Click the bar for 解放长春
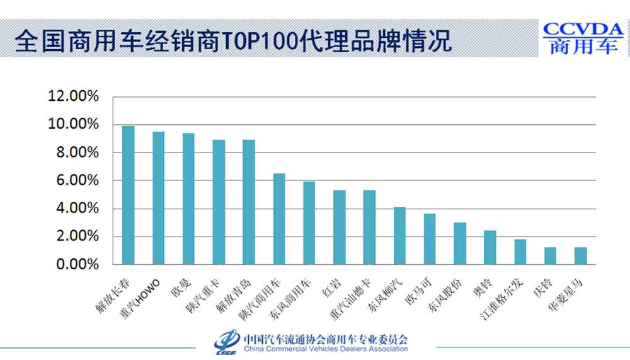coord(128,195)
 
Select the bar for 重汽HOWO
coord(158,198)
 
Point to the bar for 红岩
coord(340,227)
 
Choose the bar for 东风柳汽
coord(400,236)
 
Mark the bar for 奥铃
coord(490,248)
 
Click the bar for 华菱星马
coord(581,256)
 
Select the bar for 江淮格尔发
coord(520,252)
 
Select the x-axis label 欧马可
coord(420,289)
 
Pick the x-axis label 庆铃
coord(542,286)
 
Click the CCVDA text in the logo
coord(583,30)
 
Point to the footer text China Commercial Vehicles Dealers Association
coord(325,348)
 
